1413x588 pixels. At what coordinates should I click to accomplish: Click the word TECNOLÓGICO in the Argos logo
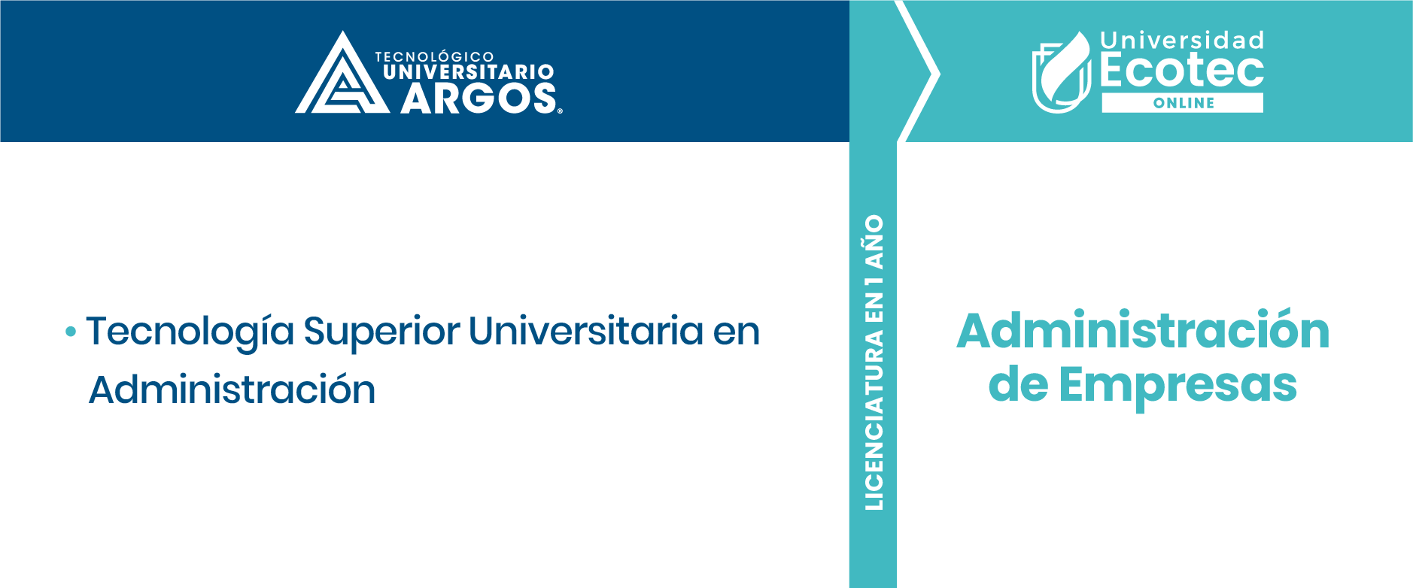tap(434, 56)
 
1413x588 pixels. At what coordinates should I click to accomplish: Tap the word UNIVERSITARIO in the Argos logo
tap(469, 72)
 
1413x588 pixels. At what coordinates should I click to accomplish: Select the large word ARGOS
tap(478, 99)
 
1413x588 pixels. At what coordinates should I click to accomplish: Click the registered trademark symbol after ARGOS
tap(560, 111)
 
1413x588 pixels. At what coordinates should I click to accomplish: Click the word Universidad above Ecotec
tap(1182, 41)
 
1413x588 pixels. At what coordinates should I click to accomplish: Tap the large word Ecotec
tap(1182, 71)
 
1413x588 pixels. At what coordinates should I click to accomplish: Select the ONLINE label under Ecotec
tap(1184, 103)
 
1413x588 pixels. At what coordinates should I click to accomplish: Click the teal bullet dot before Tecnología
tap(71, 331)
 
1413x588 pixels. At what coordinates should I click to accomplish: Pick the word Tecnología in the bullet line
tap(190, 332)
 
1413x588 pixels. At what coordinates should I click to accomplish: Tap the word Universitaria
tap(586, 331)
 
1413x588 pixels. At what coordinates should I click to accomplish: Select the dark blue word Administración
tap(232, 389)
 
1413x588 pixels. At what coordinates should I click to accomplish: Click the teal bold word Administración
tap(1143, 331)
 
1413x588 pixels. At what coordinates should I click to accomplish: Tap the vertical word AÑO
tap(874, 241)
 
